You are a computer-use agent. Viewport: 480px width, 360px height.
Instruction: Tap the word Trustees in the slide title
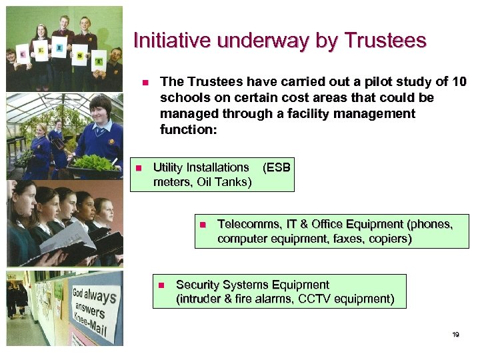click(x=385, y=41)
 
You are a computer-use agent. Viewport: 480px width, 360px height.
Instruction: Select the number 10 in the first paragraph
click(x=459, y=82)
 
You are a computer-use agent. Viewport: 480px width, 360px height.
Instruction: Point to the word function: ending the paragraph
click(x=189, y=129)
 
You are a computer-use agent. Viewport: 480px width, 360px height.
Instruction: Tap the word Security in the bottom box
click(x=198, y=285)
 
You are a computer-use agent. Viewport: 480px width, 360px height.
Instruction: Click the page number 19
click(x=455, y=335)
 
